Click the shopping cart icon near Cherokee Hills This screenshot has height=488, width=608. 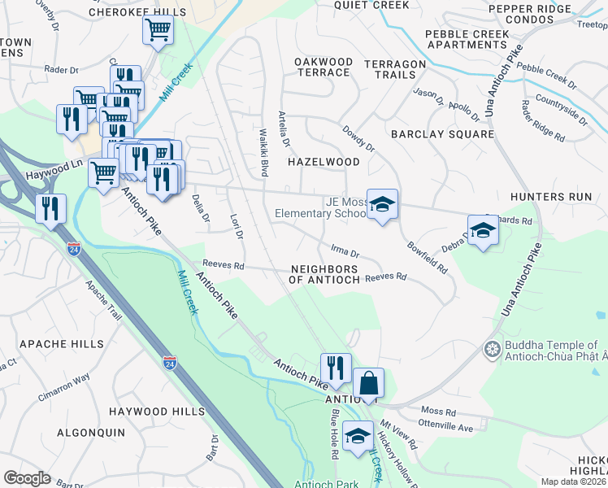158,30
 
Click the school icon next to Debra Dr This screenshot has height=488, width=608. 483,229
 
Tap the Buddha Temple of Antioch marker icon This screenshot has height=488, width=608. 492,350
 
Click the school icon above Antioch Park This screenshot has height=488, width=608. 357,436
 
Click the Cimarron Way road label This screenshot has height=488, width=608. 63,388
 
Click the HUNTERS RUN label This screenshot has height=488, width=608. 550,197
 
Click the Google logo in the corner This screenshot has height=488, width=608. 27,478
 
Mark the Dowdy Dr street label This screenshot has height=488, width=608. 358,138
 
